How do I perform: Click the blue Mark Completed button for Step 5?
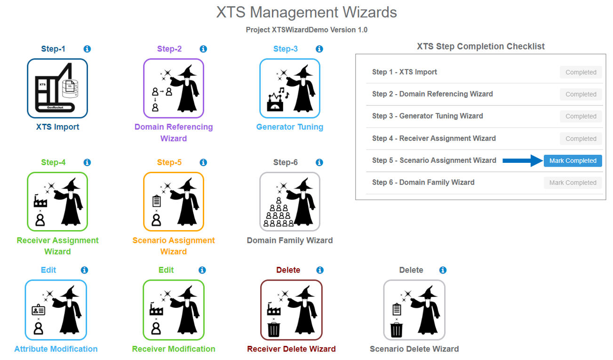573,160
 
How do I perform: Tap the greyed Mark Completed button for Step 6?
573,183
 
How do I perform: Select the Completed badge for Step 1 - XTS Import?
581,72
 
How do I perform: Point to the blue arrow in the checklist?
522,160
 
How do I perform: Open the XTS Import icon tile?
57,88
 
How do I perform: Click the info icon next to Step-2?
203,49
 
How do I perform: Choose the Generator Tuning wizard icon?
290,88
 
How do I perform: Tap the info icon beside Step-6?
319,162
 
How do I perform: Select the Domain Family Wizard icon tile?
290,201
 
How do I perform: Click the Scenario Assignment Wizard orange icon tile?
174,201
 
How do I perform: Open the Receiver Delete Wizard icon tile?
291,310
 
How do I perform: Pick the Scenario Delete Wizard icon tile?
414,310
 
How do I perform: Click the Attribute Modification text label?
56,349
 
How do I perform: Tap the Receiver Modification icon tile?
174,310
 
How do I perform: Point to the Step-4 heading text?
53,162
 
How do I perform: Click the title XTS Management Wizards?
306,12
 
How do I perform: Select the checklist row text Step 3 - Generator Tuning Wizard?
427,116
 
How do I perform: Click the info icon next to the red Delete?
320,270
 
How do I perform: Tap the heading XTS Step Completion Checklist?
480,46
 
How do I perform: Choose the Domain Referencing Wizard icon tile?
174,88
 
